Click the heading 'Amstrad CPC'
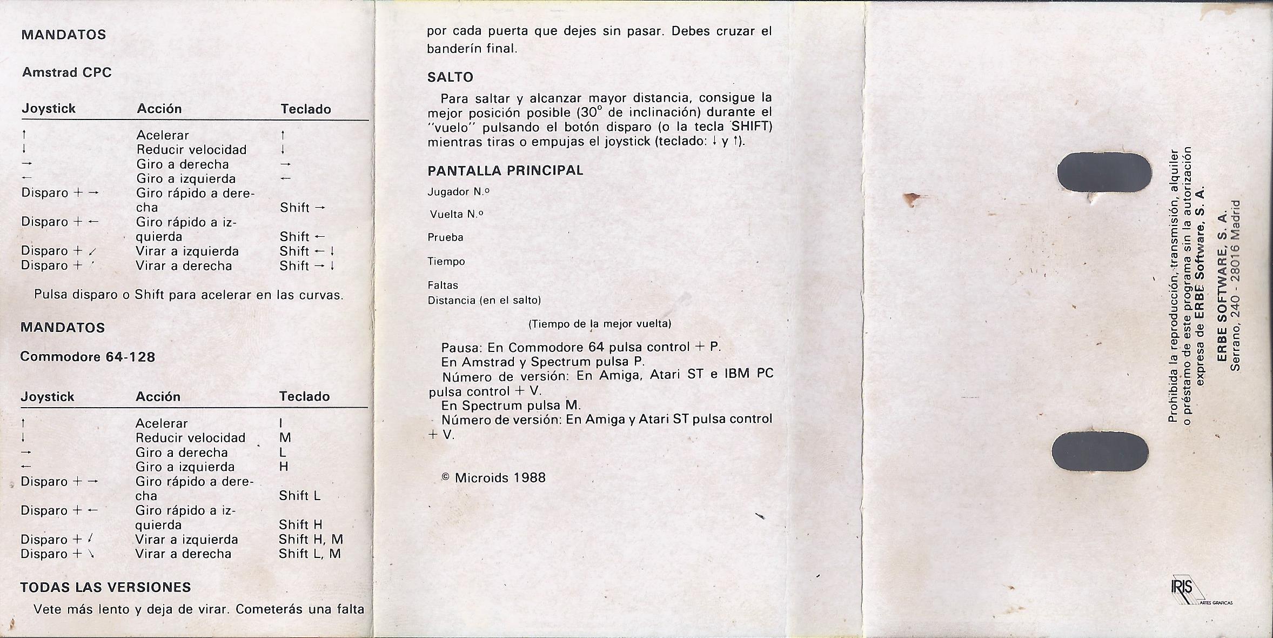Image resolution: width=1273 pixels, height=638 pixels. (66, 72)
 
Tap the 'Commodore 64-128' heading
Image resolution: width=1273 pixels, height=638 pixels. (88, 357)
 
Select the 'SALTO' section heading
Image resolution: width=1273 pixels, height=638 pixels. (450, 77)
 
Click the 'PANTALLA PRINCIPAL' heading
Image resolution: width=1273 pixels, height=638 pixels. (505, 171)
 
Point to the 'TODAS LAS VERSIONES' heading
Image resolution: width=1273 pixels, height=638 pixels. (105, 587)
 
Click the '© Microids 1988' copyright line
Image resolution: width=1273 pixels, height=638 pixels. (493, 478)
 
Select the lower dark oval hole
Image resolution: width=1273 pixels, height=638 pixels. (1100, 452)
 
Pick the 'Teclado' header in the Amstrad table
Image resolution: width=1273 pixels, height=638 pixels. (305, 109)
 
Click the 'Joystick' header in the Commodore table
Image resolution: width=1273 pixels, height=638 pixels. (48, 397)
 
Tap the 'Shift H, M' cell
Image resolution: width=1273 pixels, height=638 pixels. (311, 540)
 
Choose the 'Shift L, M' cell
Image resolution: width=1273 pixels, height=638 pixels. (310, 554)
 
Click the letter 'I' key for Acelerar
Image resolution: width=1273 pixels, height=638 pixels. (281, 423)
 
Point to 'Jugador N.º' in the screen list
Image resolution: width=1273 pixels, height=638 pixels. (458, 192)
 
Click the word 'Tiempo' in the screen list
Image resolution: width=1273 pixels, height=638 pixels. (446, 262)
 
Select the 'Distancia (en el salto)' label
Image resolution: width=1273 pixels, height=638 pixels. (484, 301)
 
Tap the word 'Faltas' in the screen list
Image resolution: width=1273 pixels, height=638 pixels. (443, 285)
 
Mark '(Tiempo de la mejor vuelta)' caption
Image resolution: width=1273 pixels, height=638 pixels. (599, 324)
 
